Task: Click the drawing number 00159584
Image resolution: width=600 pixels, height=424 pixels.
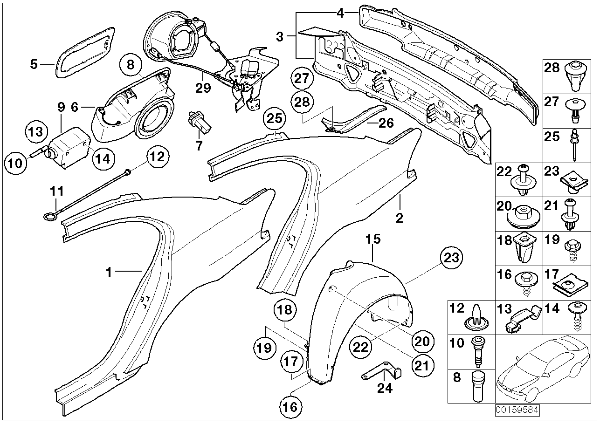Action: (517, 411)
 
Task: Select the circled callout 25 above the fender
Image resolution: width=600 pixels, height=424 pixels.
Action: (275, 120)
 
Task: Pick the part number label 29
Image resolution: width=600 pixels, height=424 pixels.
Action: (204, 87)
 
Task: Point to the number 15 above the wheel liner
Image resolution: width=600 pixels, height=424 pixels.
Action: (373, 239)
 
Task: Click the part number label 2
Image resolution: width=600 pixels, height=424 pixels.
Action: (400, 218)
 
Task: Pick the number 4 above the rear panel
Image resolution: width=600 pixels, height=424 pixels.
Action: (340, 13)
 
